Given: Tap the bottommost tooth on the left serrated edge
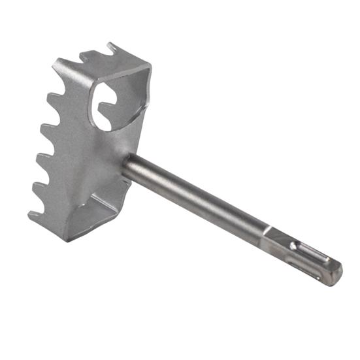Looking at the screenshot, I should coord(34,213).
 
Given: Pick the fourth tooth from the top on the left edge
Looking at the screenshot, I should coord(38,186).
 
